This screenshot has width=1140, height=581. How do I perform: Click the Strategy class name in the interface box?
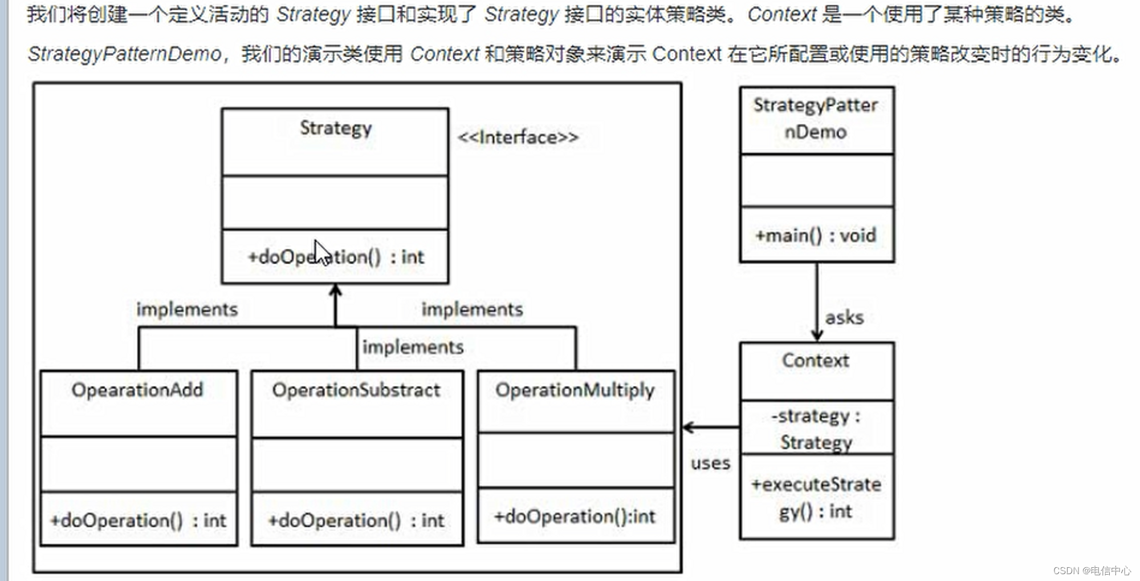click(336, 128)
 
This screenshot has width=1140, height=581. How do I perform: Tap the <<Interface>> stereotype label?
click(518, 137)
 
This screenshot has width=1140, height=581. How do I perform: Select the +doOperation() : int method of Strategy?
click(336, 257)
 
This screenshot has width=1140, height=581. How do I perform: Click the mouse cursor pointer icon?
click(322, 253)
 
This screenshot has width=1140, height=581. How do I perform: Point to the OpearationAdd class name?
click(137, 390)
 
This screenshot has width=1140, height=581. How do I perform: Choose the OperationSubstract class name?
click(356, 390)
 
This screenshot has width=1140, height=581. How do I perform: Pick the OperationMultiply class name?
click(575, 390)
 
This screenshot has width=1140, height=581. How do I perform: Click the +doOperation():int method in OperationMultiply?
click(575, 517)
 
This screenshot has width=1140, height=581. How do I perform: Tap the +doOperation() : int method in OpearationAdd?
click(138, 521)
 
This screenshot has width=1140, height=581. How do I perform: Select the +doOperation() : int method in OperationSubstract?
click(356, 521)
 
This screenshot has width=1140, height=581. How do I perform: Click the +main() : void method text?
click(816, 235)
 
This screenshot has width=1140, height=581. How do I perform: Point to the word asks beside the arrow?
click(844, 317)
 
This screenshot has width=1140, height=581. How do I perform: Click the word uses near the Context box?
click(710, 463)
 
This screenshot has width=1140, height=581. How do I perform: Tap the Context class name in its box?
click(816, 361)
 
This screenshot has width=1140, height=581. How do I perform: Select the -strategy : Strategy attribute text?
click(816, 429)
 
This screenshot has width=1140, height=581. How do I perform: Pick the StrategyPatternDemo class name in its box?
click(816, 118)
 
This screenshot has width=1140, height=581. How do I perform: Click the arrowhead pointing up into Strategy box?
click(336, 290)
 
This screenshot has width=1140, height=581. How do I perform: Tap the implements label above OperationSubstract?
click(413, 347)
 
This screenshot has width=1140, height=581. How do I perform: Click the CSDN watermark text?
click(1092, 570)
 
